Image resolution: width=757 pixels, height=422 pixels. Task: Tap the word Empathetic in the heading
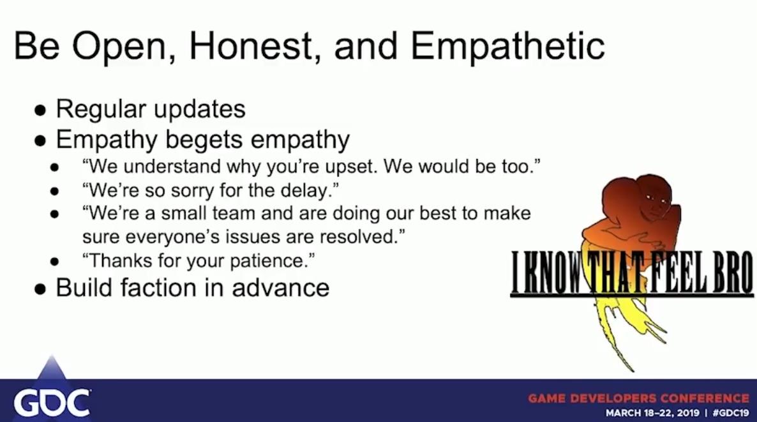[507, 47]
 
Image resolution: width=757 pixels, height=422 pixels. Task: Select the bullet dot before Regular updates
[41, 110]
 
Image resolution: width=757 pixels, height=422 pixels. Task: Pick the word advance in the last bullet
[280, 288]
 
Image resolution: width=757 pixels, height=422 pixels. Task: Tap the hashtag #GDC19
[730, 413]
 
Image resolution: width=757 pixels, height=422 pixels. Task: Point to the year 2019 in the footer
[687, 413]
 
